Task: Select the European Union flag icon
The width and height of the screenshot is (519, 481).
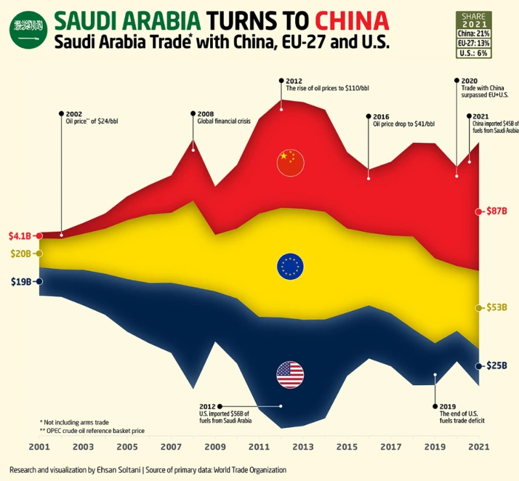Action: coord(290,266)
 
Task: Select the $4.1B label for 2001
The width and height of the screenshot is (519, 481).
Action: coord(19,235)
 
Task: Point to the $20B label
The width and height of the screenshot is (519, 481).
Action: coord(20,253)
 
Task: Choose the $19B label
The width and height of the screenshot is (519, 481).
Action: coord(20,282)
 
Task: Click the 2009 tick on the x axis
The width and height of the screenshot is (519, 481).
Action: coord(215,447)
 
